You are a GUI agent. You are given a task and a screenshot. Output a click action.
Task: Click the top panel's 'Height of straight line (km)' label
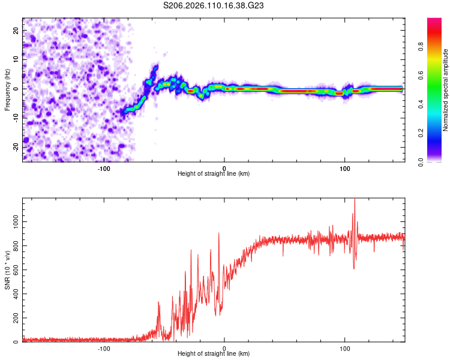click(214, 174)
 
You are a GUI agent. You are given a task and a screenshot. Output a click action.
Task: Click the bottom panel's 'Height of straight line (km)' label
click(214, 354)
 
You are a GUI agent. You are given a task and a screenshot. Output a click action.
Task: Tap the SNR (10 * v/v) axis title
click(7, 271)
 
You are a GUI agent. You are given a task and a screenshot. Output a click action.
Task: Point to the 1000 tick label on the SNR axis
click(12, 222)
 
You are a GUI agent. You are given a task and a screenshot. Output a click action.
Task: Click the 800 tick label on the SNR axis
click(14, 246)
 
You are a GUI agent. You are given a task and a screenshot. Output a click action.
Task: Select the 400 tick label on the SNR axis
click(14, 294)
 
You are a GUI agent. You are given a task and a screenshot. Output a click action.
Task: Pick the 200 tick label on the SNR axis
click(14, 318)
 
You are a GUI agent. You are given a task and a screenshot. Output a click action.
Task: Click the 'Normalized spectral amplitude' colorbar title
click(445, 90)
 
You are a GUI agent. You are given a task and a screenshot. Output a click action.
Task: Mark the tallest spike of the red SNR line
click(355, 200)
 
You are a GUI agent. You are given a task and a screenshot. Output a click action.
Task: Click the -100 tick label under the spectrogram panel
click(104, 168)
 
